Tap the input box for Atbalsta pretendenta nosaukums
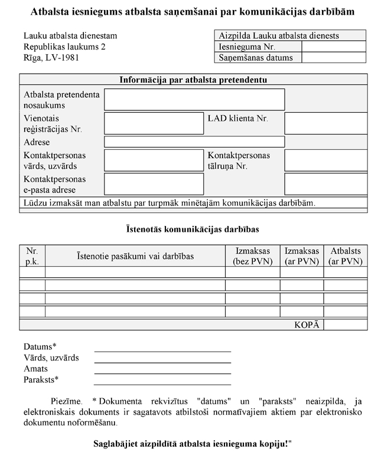[194, 100]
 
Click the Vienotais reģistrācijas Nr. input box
[154, 123]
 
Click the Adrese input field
[194, 142]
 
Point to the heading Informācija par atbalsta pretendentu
[194, 80]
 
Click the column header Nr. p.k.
[32, 256]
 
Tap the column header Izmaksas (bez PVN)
[252, 256]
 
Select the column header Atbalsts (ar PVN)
[346, 256]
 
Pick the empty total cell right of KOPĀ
[346, 325]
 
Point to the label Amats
[36, 368]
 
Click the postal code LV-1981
[61, 58]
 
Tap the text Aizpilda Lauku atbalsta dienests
[278, 35]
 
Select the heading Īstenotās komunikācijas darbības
[193, 228]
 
